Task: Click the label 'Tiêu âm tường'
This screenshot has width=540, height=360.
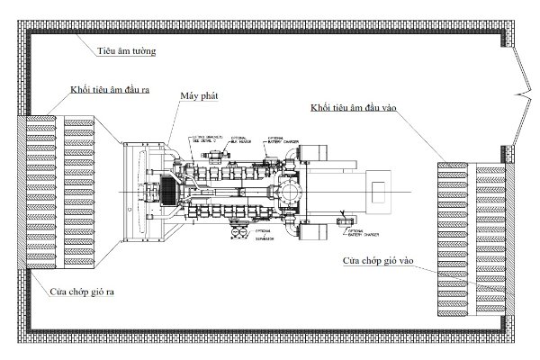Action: [126, 51]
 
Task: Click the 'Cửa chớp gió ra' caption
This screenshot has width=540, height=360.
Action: [76, 292]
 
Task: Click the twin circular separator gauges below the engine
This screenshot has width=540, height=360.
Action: [238, 232]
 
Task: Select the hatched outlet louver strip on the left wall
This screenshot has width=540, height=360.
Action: [22, 193]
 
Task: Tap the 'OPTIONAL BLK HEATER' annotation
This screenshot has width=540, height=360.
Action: [241, 141]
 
